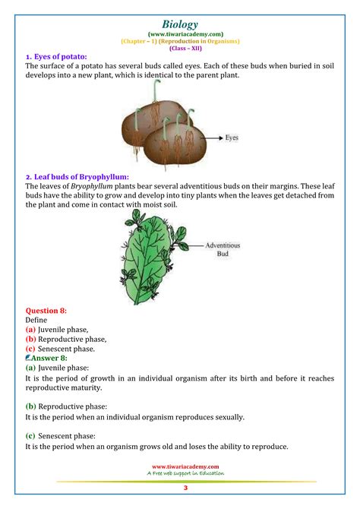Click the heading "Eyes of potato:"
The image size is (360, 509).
(x=56, y=57)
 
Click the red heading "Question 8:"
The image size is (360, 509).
(x=46, y=311)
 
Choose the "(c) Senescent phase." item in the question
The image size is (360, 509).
(x=60, y=348)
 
